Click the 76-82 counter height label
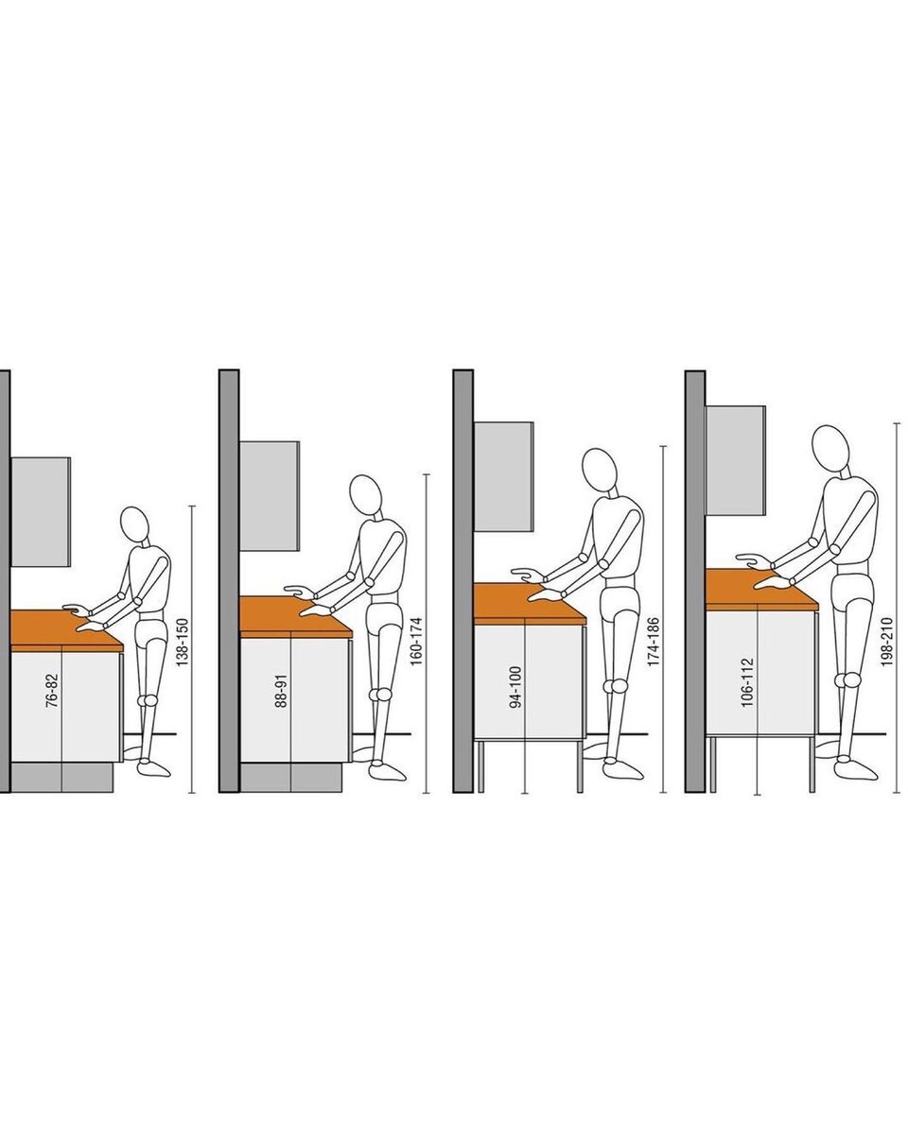point(53,690)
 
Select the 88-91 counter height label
point(282,690)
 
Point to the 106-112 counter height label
point(747,682)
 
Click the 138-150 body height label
point(182,642)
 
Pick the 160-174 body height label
point(416,641)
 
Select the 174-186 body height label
point(654,642)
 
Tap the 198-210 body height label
point(886,642)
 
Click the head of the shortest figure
point(134,524)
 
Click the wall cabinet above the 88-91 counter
point(270,496)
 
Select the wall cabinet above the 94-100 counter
point(504,476)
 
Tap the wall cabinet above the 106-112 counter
point(736,460)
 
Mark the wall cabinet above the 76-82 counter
point(41,511)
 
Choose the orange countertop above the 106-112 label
point(761,590)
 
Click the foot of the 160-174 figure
point(387,771)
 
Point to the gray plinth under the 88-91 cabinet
point(290,778)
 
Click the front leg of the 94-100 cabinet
point(581,766)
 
